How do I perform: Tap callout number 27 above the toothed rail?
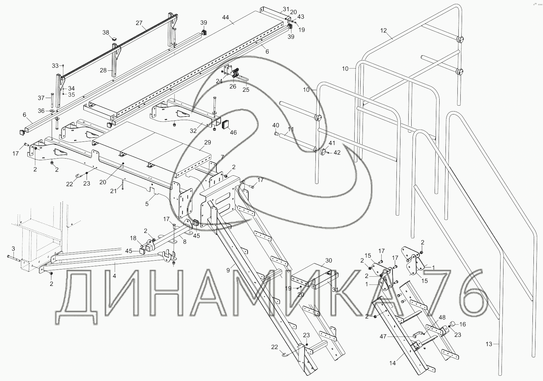pos(139,23)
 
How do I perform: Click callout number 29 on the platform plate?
pos(207,142)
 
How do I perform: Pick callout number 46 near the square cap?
pos(233,133)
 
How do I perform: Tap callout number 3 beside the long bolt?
pos(13,248)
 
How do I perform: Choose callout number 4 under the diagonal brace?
pos(114,276)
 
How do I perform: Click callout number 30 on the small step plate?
pos(328,260)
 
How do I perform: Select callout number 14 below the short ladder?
pos(392,363)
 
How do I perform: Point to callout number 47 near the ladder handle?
pos(383,337)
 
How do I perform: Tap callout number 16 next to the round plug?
pos(463,324)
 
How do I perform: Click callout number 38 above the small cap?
pos(106,32)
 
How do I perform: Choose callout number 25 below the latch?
pos(246,89)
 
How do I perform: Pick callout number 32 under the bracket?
pos(193,131)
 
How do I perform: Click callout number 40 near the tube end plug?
pos(276,125)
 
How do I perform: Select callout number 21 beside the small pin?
pos(113,191)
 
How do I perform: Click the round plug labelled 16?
pos(453,324)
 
